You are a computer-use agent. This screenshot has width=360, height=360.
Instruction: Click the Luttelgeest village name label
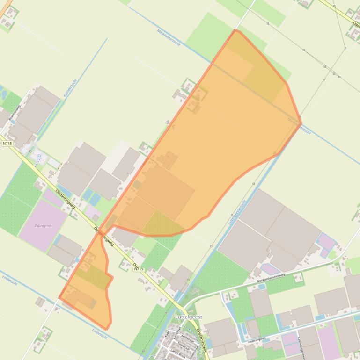click(188, 317)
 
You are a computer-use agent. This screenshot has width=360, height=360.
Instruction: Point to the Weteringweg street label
click(256, 338)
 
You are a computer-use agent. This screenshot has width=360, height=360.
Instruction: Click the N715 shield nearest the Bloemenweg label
click(7, 144)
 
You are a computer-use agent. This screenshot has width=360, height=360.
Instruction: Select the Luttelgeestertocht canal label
click(237, 213)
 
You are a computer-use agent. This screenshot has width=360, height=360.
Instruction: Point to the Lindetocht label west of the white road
click(9, 280)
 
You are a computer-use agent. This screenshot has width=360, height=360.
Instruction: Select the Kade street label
click(166, 335)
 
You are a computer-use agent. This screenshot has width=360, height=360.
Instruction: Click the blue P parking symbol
click(39, 157)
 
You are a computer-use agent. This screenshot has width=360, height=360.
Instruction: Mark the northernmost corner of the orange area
click(235, 30)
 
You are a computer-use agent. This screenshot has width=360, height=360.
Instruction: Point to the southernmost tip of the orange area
click(107, 329)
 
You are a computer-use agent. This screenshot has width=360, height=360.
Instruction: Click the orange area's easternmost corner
click(301, 123)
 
